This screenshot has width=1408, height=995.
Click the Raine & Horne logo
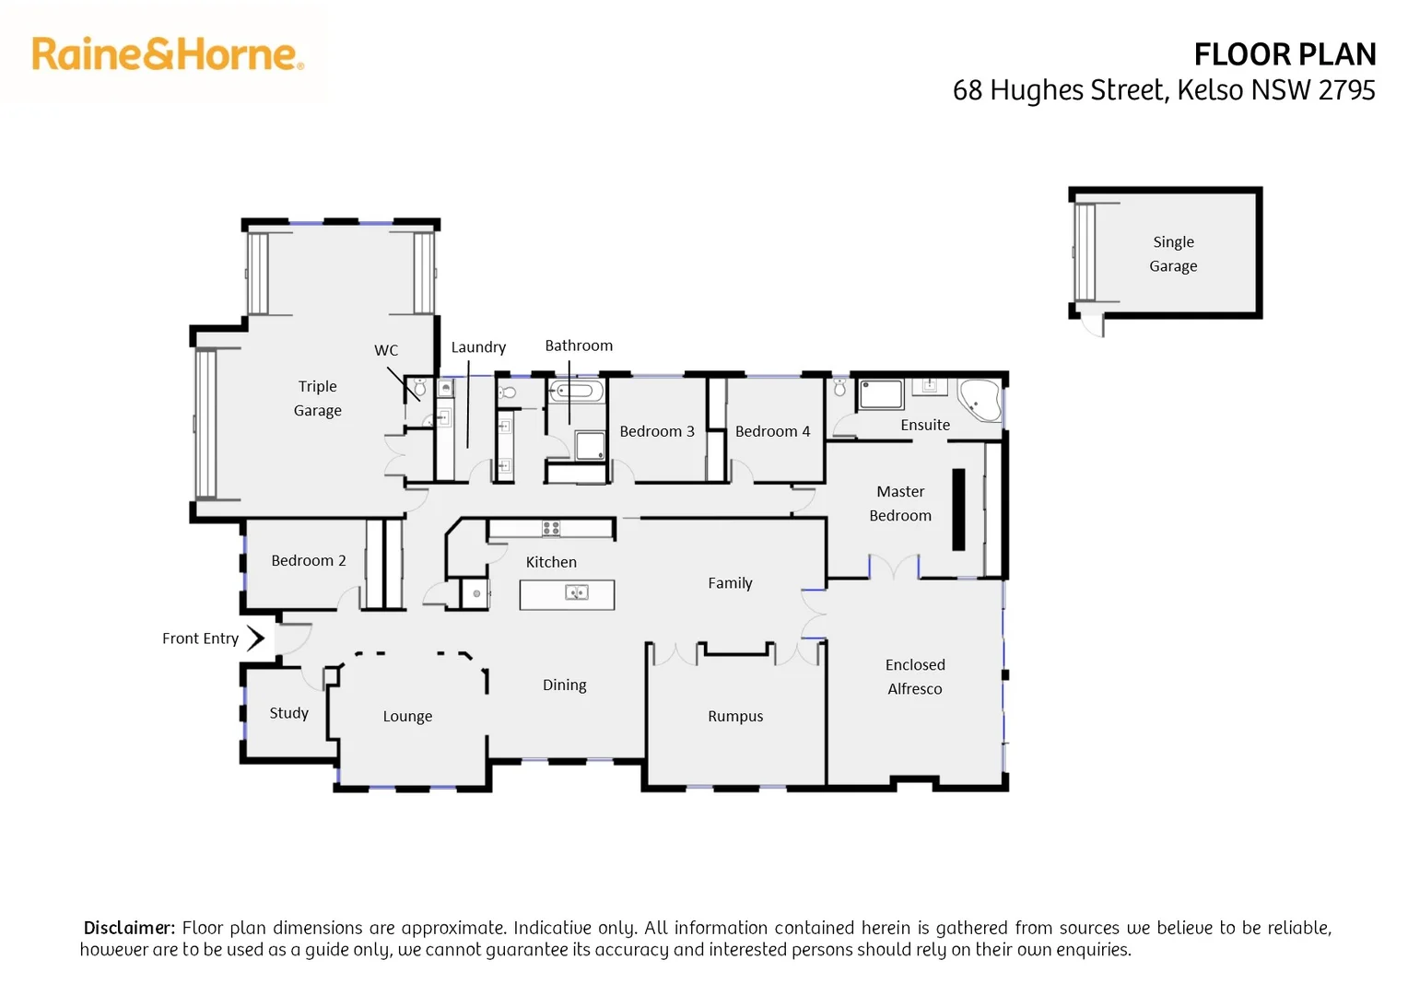coord(168,54)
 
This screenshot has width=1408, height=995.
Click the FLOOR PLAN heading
coord(1284,55)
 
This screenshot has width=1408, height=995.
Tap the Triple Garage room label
coord(318,398)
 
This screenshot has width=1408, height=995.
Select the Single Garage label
coord(1173,253)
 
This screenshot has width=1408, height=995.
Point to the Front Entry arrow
coord(256,638)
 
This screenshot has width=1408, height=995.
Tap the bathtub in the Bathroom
coord(577,392)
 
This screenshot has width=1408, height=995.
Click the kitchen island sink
coord(577,592)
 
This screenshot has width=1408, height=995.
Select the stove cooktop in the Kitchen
coord(551,528)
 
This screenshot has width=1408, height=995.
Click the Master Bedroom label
coord(900,503)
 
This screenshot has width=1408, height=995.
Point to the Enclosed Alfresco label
coord(914,676)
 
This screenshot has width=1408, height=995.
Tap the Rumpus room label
coord(735,716)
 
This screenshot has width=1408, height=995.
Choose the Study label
coord(288,712)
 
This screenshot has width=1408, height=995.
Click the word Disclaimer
coord(128,928)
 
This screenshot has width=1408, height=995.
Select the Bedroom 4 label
coord(772,431)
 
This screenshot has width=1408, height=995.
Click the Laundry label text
coord(478,347)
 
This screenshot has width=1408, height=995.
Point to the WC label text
coord(386,350)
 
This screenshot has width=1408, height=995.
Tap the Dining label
coord(564,685)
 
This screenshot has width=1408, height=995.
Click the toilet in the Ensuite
coord(839,386)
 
